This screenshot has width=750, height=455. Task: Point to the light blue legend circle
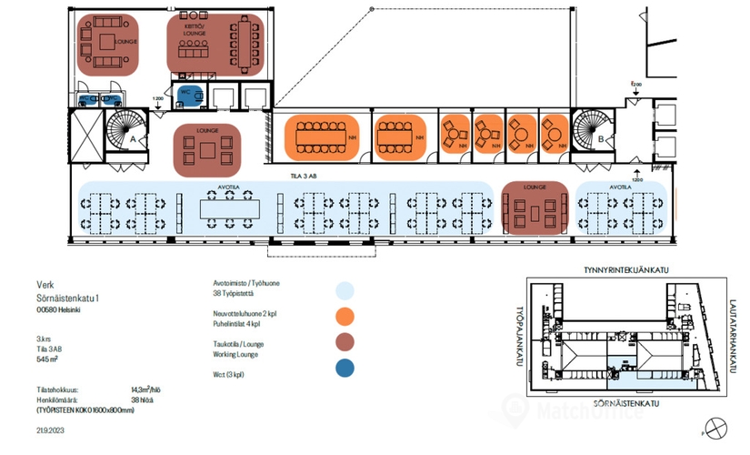coord(345,290)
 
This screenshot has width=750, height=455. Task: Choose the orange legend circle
coord(345,317)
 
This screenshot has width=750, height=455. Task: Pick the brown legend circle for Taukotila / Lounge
coord(345,342)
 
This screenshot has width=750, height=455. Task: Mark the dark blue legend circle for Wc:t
coord(345,369)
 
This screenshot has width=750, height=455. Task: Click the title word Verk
coord(45,284)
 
